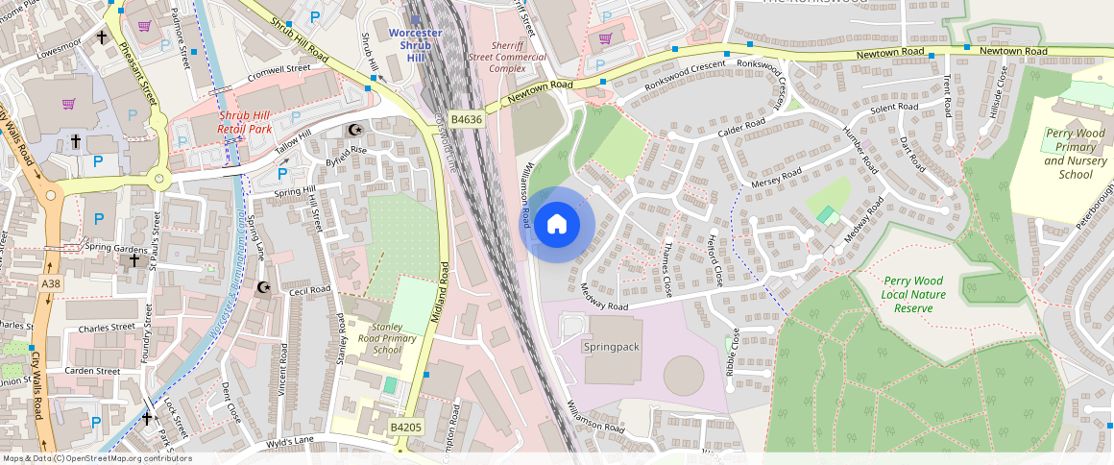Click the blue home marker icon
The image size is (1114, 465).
(556, 225)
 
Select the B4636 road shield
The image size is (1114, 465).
(466, 119)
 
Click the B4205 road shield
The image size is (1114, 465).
(404, 426)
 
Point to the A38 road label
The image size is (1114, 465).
(51, 283)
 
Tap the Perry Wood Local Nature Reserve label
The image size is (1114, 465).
(913, 294)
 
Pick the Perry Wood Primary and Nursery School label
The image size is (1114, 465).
(1076, 154)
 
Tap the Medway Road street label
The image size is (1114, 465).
(604, 300)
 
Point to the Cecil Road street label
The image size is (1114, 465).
(309, 289)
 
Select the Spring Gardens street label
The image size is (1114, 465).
(117, 247)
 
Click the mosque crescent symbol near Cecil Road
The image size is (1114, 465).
(265, 287)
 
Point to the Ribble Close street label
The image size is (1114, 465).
(735, 352)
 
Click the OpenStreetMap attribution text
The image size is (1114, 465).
(96, 458)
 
